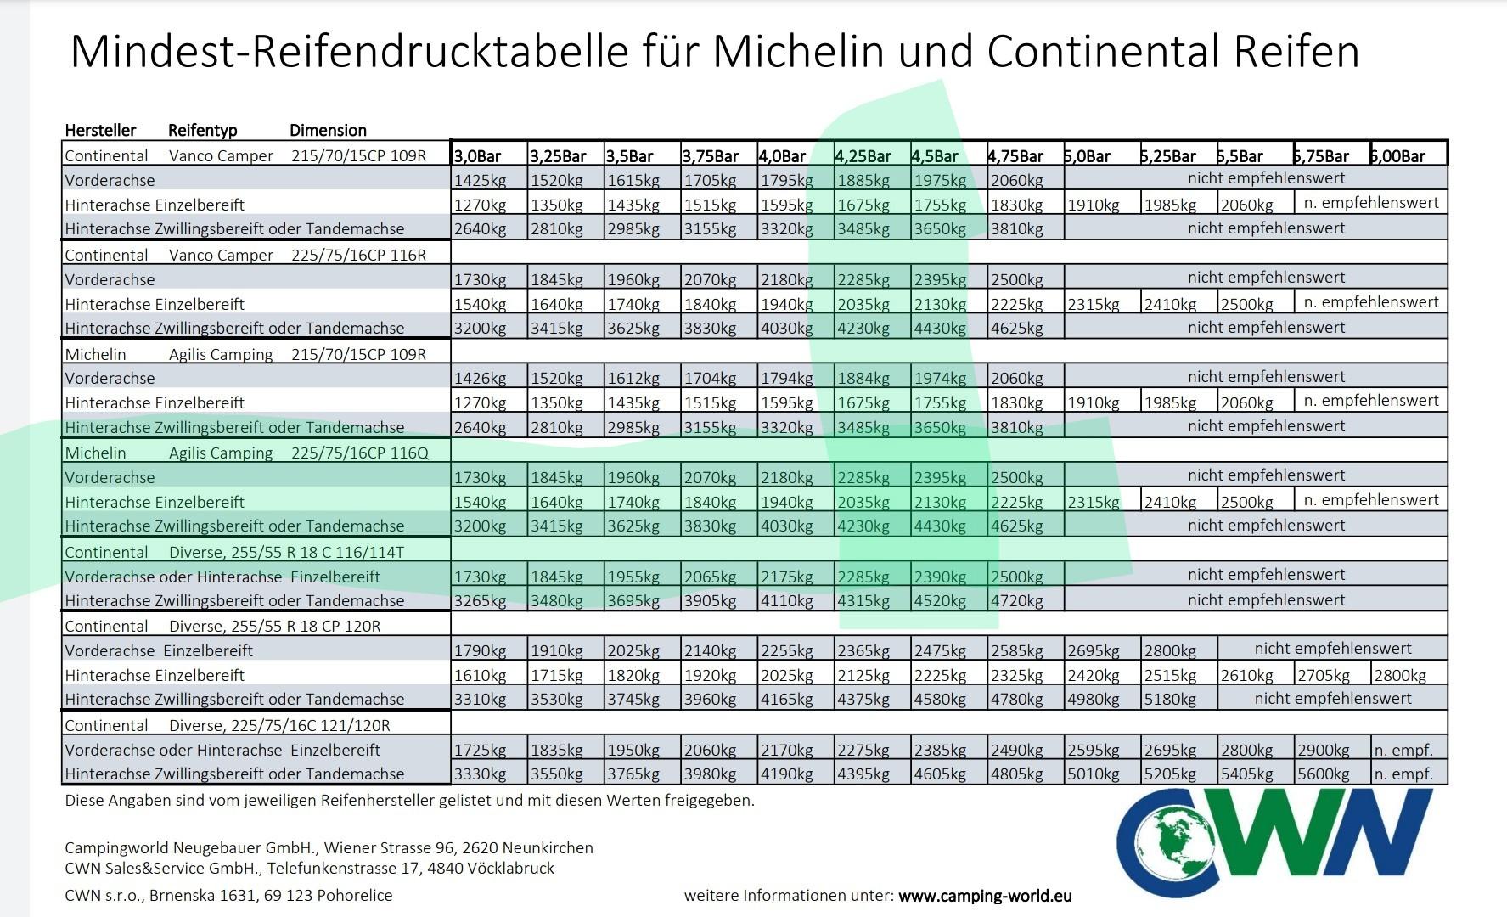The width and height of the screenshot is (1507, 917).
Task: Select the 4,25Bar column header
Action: (863, 156)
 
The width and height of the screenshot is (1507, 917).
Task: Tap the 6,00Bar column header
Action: (1397, 156)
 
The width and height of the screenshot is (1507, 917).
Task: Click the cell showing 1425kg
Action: (480, 180)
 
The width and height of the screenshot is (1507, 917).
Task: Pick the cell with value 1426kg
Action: (480, 379)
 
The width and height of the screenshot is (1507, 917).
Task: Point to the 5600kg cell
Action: (1323, 774)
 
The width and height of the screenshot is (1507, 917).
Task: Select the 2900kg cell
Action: (1323, 751)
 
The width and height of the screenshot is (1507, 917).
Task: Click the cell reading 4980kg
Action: (1094, 700)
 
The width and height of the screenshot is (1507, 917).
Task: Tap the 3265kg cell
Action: (480, 601)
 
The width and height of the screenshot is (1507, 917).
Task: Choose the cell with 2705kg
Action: (1323, 676)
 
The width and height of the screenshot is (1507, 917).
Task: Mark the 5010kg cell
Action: (1094, 774)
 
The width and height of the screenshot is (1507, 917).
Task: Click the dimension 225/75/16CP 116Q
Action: (360, 453)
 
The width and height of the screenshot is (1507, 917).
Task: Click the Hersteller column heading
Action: (100, 130)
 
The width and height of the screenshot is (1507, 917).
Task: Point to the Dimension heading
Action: (328, 130)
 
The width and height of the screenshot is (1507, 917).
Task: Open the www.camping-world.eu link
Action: (985, 896)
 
